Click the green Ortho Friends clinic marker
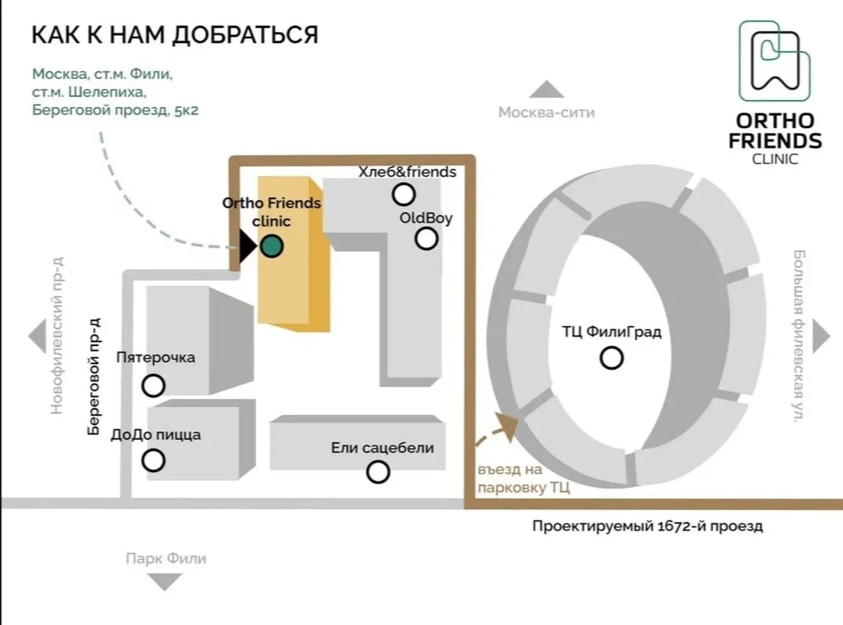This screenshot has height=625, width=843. [x=272, y=246]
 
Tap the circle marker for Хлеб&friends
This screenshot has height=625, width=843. [x=404, y=195]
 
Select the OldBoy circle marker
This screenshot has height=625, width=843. [x=426, y=238]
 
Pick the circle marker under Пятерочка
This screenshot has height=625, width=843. [x=153, y=385]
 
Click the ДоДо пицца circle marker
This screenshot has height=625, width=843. [x=153, y=460]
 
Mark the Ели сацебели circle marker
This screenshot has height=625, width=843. [x=378, y=472]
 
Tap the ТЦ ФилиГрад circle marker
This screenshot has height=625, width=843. [x=611, y=358]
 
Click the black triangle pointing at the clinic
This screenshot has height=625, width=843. [x=247, y=246]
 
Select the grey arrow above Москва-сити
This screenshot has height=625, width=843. [x=546, y=89]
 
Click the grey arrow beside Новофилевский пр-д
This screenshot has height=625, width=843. [x=37, y=337]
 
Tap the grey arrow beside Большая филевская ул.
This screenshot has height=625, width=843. [x=821, y=337]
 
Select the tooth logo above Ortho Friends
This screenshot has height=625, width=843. [x=775, y=61]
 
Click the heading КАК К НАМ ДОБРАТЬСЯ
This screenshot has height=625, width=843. [x=176, y=35]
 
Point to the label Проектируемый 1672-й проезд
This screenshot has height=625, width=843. [x=647, y=526]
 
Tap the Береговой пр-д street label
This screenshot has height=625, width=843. [x=94, y=377]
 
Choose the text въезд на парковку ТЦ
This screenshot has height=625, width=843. [x=524, y=479]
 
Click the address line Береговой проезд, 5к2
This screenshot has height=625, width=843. [x=115, y=110]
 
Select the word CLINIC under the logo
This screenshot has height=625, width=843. [x=775, y=159]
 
